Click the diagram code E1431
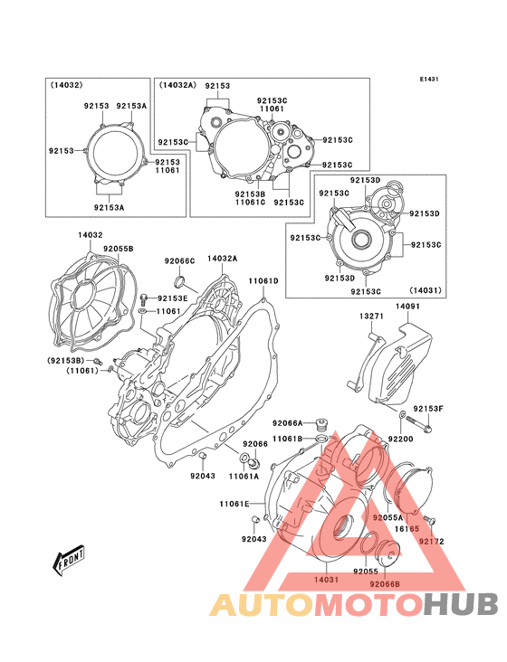(429, 79)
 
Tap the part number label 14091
(407, 306)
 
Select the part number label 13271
(371, 317)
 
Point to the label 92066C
(179, 261)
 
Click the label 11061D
(263, 280)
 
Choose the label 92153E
(172, 298)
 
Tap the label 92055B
(119, 249)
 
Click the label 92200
(400, 440)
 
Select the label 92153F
(428, 409)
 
